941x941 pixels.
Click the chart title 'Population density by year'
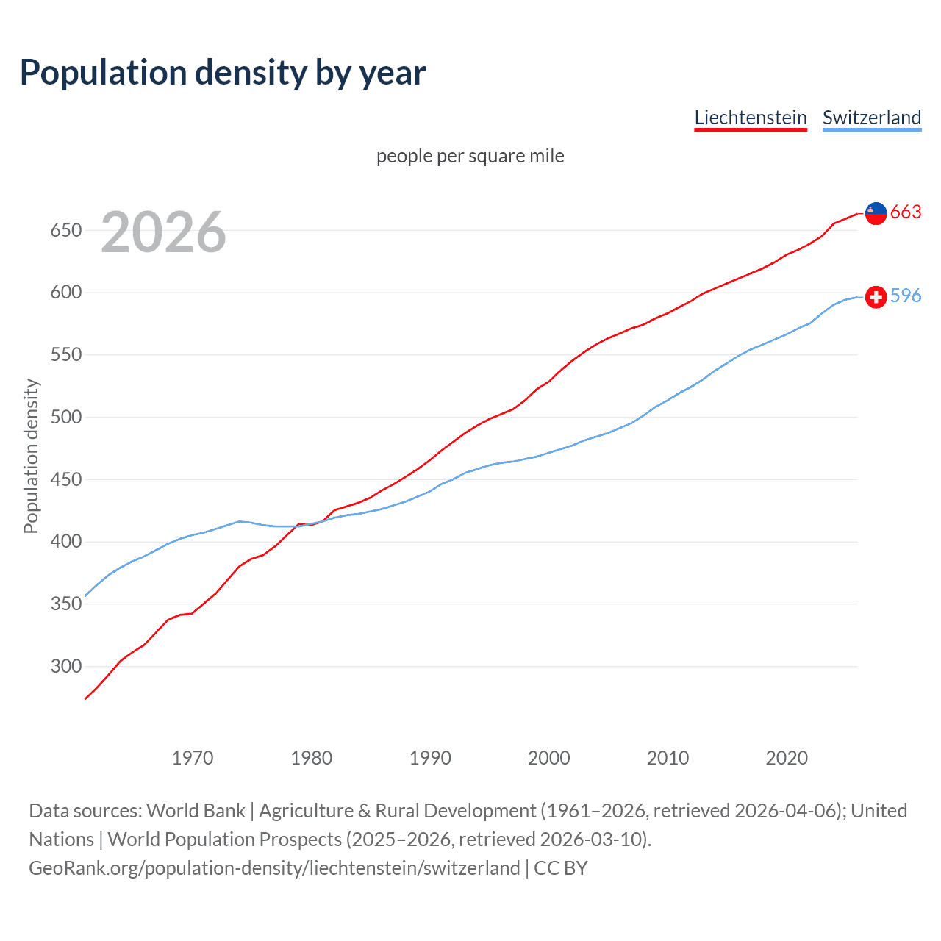(223, 73)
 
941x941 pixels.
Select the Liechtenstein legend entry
(751, 118)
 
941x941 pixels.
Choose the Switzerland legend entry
(871, 118)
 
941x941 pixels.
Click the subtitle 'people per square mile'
(470, 156)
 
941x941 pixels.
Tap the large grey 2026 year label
(163, 232)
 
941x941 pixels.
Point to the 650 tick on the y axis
(65, 231)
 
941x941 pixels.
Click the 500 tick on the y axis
(65, 418)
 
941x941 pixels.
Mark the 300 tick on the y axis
(65, 667)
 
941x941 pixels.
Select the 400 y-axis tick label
(65, 543)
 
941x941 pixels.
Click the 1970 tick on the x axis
(193, 758)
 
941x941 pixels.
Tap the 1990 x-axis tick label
(430, 758)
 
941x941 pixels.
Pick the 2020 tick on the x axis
(787, 758)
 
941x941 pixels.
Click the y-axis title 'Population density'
(31, 456)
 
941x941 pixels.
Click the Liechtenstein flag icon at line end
(876, 213)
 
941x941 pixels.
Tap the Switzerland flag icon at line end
(876, 297)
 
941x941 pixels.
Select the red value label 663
(906, 212)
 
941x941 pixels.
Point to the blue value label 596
(906, 296)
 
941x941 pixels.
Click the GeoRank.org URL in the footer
(274, 868)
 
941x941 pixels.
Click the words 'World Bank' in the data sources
(196, 811)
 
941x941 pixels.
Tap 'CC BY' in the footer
(561, 868)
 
